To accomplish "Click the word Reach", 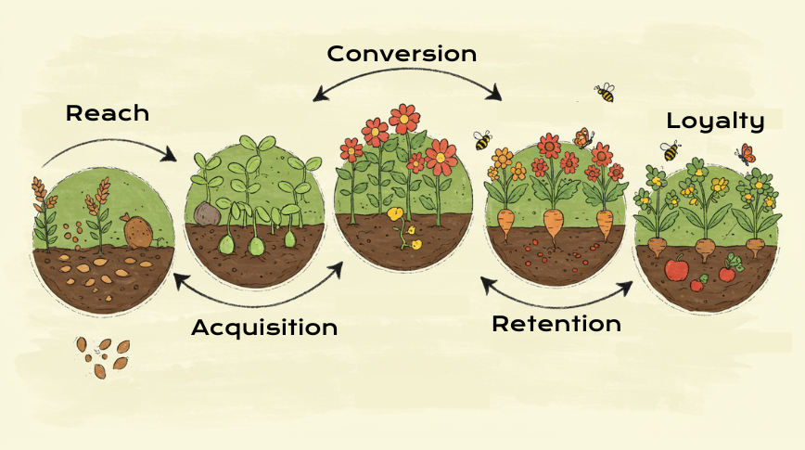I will click(x=108, y=113).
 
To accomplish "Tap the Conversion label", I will click(x=402, y=53).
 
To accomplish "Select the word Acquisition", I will click(x=264, y=327).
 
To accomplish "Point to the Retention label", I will click(x=556, y=324).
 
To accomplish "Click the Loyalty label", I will click(x=715, y=121).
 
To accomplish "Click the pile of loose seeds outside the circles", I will click(x=103, y=355).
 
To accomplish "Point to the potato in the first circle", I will click(x=138, y=231).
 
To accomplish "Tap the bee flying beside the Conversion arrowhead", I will click(x=605, y=92).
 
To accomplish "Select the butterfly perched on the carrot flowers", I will click(x=583, y=139).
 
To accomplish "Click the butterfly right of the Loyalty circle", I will click(x=745, y=153).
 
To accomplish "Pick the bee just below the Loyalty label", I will click(x=670, y=149).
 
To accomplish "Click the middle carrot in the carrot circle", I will click(x=553, y=223).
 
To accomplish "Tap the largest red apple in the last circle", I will click(x=677, y=269).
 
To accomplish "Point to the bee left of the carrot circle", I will click(x=482, y=140).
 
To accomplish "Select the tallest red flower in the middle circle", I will click(x=404, y=118).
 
